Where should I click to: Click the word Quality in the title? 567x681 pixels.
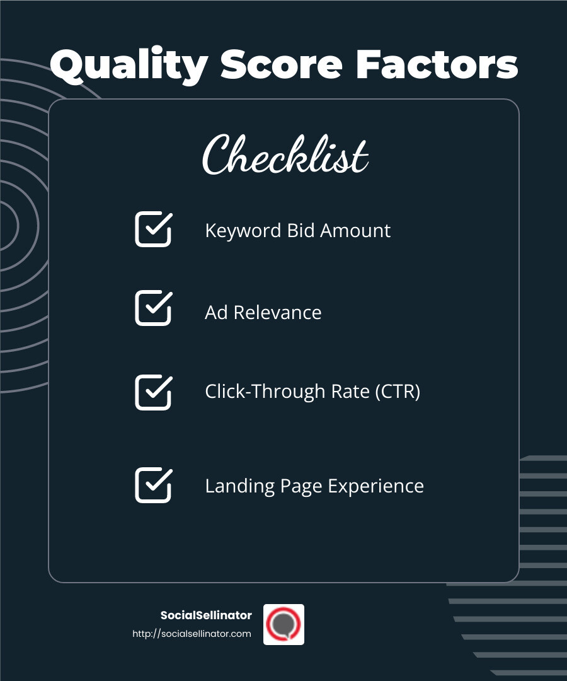pyautogui.click(x=129, y=65)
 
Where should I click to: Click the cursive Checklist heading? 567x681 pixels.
pyautogui.click(x=285, y=154)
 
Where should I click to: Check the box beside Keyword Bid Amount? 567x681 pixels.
pyautogui.click(x=153, y=229)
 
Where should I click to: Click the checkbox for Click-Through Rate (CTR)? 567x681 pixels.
pyautogui.click(x=153, y=392)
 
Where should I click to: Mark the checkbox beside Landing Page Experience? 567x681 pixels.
pyautogui.click(x=153, y=485)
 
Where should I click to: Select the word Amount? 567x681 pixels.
pyautogui.click(x=355, y=231)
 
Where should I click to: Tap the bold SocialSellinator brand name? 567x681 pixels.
pyautogui.click(x=206, y=615)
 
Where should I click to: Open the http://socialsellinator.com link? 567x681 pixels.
pyautogui.click(x=192, y=634)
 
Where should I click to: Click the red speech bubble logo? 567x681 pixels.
pyautogui.click(x=283, y=624)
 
